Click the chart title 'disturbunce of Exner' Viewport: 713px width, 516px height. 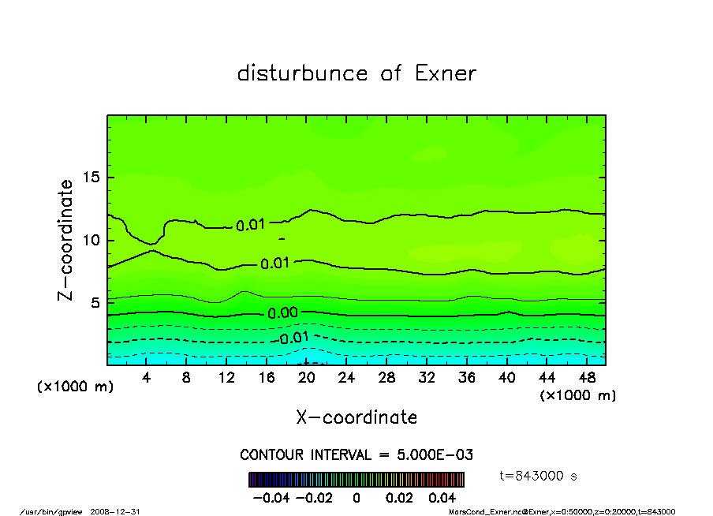click(356, 73)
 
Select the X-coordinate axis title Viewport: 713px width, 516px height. click(356, 417)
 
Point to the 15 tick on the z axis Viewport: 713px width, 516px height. click(92, 178)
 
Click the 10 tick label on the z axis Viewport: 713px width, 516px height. click(92, 240)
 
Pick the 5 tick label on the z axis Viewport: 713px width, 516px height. click(96, 302)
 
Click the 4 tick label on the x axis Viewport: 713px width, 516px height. click(147, 378)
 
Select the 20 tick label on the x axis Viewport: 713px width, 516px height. click(307, 378)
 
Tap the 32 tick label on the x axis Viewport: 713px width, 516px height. click(427, 378)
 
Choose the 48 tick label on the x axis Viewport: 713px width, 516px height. click(586, 378)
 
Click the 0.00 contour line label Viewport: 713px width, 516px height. click(282, 313)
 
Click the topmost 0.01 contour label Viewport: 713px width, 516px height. click(251, 226)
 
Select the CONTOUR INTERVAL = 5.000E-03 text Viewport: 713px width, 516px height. click(356, 455)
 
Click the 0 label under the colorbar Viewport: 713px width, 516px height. click(356, 498)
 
